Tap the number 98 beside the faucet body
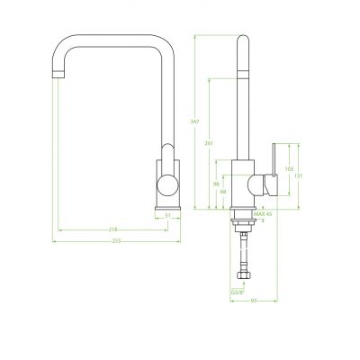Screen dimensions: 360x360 [215, 184]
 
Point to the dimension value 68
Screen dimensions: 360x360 [222, 191]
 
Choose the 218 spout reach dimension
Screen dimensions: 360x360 [113, 229]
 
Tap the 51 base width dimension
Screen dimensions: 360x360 [167, 216]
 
